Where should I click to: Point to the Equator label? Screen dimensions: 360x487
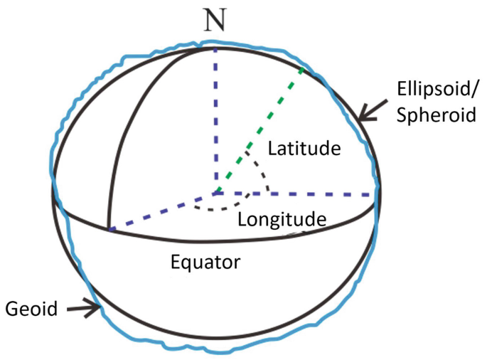pyautogui.click(x=205, y=261)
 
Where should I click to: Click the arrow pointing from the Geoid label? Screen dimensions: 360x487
pyautogui.click(x=84, y=308)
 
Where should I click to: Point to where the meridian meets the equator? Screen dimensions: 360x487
pyautogui.click(x=108, y=229)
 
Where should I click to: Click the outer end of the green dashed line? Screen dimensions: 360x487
pyautogui.click(x=304, y=69)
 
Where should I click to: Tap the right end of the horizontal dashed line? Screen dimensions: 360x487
pyautogui.click(x=375, y=194)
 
